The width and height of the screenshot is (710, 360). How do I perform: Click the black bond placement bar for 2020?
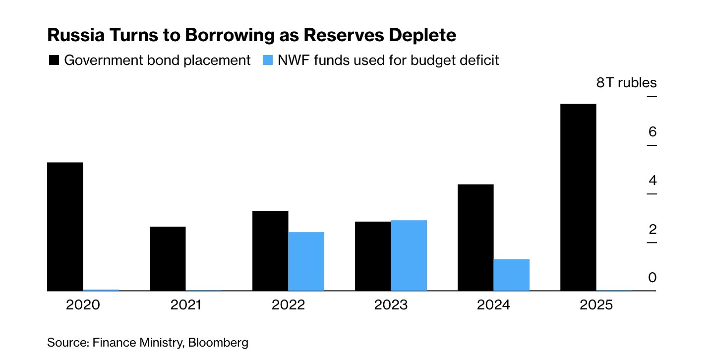(65, 226)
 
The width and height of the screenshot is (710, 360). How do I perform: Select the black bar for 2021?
(168, 258)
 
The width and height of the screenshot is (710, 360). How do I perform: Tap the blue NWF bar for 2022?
(306, 261)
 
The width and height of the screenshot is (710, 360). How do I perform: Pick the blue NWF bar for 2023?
(409, 255)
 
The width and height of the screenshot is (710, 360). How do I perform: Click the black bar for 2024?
(475, 238)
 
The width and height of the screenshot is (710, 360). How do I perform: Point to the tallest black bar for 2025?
(578, 197)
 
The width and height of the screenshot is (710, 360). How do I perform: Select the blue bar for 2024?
(511, 275)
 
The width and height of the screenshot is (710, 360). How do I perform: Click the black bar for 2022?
(270, 250)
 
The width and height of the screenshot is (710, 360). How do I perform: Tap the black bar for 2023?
(373, 256)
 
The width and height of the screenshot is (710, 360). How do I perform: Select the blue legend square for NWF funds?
(267, 61)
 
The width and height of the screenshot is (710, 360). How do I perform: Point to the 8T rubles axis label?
(626, 83)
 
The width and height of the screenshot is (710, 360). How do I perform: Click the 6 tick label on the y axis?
(652, 132)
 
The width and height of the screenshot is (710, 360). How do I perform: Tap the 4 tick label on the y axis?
(652, 180)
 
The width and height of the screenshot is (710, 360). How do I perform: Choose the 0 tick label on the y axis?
(652, 278)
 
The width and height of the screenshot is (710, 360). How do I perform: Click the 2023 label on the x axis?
(391, 304)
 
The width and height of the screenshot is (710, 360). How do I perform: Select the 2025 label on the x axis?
(596, 304)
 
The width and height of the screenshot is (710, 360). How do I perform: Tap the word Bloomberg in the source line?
(218, 342)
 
